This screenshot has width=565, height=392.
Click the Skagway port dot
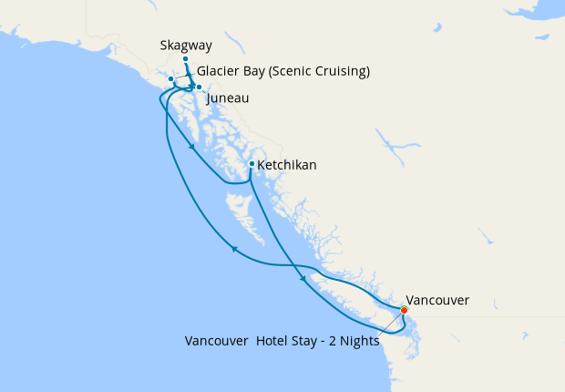pyautogui.click(x=185, y=58)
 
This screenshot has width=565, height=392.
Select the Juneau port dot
pyautogui.click(x=199, y=88)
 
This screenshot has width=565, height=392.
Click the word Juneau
pyautogui.click(x=228, y=98)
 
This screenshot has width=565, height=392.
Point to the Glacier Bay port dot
pyautogui.click(x=170, y=79)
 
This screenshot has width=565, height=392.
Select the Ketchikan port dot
pyautogui.click(x=252, y=164)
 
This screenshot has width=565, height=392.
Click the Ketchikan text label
pyautogui.click(x=287, y=165)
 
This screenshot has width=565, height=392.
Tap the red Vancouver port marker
pyautogui.click(x=405, y=310)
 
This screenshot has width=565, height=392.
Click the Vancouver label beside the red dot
pyautogui.click(x=437, y=299)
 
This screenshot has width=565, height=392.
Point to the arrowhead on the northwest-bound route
pyautogui.click(x=234, y=248)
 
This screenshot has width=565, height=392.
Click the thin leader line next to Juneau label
pyautogui.click(x=203, y=92)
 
